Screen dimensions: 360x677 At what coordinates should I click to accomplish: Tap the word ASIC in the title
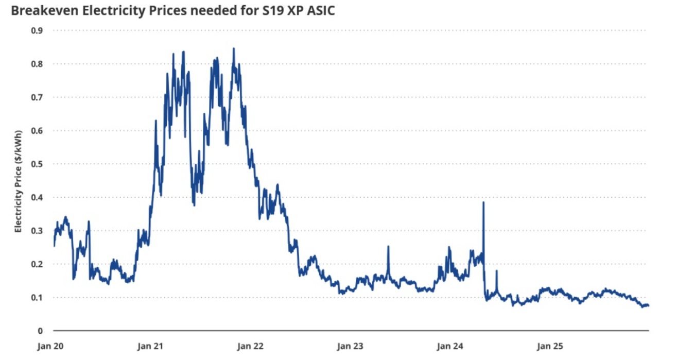[320, 10]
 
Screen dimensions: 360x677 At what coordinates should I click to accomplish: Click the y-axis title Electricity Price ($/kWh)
[19, 181]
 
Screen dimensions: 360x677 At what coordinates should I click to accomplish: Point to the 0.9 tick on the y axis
[38, 31]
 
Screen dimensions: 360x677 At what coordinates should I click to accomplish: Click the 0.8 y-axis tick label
[38, 64]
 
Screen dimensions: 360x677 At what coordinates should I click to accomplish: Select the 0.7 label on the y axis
[38, 97]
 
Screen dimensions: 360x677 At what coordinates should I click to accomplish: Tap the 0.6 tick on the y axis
[38, 131]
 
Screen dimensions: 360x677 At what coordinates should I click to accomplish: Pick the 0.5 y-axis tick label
[38, 164]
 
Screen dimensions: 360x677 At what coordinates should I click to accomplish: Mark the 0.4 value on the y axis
[38, 197]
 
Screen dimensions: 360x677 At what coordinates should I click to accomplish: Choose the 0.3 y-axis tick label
[38, 231]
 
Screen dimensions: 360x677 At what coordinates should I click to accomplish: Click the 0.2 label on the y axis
[38, 264]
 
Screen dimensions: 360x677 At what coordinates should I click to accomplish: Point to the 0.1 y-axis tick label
[38, 297]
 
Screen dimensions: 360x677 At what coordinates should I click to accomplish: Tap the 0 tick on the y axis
[41, 331]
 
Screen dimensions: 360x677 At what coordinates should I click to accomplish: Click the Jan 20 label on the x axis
[50, 347]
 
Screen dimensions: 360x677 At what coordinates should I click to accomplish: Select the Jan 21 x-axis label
[150, 347]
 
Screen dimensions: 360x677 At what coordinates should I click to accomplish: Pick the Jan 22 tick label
[250, 347]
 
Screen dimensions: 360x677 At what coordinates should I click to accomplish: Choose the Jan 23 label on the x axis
[351, 347]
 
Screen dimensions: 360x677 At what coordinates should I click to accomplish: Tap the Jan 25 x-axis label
[550, 347]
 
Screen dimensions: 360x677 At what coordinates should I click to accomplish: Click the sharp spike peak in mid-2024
[483, 202]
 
